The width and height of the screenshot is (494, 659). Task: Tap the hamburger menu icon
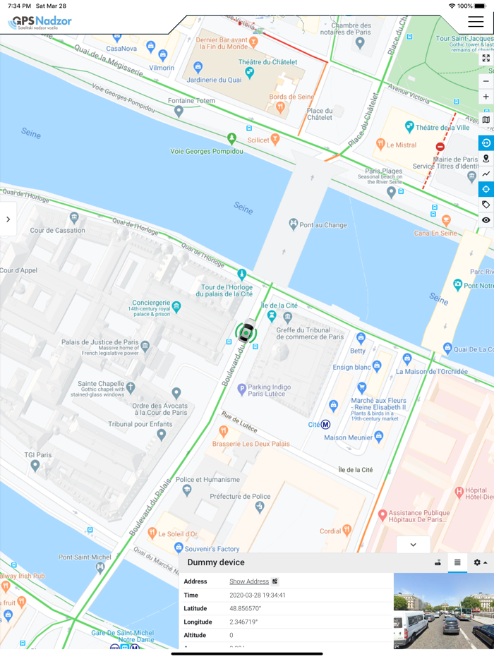click(476, 22)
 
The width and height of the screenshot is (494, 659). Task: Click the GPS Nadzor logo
click(40, 23)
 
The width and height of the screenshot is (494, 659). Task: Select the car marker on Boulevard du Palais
click(246, 331)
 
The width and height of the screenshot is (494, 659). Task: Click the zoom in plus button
click(486, 97)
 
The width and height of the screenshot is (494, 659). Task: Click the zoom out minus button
click(486, 81)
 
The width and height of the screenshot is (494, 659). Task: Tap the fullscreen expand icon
click(486, 59)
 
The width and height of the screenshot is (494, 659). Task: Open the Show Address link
click(249, 581)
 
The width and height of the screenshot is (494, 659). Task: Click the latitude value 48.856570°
click(245, 608)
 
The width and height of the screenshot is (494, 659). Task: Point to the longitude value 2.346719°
click(243, 622)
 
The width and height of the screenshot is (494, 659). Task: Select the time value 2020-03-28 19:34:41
click(258, 595)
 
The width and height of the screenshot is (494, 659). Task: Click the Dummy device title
click(216, 562)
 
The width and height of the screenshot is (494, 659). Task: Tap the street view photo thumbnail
click(443, 611)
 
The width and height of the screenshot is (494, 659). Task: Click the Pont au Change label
click(323, 224)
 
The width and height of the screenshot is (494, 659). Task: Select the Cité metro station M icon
click(325, 425)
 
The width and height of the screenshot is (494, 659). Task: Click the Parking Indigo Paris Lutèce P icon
click(241, 388)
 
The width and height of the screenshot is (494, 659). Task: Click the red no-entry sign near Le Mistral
click(440, 147)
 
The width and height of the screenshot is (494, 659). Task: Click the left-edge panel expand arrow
click(8, 219)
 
